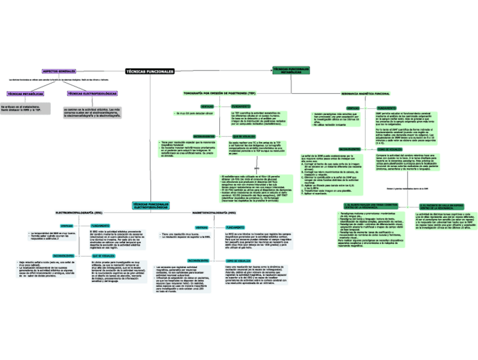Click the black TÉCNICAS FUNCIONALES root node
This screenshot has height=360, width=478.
(150, 72)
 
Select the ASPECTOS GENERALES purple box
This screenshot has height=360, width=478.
(59, 72)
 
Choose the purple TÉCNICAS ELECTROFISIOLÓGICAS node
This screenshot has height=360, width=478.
(92, 93)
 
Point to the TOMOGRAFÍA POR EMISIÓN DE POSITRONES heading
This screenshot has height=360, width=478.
(219, 92)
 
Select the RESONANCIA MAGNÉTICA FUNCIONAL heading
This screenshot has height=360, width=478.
(365, 93)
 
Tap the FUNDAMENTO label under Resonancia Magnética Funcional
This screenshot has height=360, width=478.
(386, 107)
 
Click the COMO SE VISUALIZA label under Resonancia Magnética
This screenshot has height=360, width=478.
(386, 149)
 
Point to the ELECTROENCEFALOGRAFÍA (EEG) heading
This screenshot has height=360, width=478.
(78, 212)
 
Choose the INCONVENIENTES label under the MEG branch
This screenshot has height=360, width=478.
(199, 260)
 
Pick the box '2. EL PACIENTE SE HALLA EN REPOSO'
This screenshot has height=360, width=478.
(441, 206)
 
